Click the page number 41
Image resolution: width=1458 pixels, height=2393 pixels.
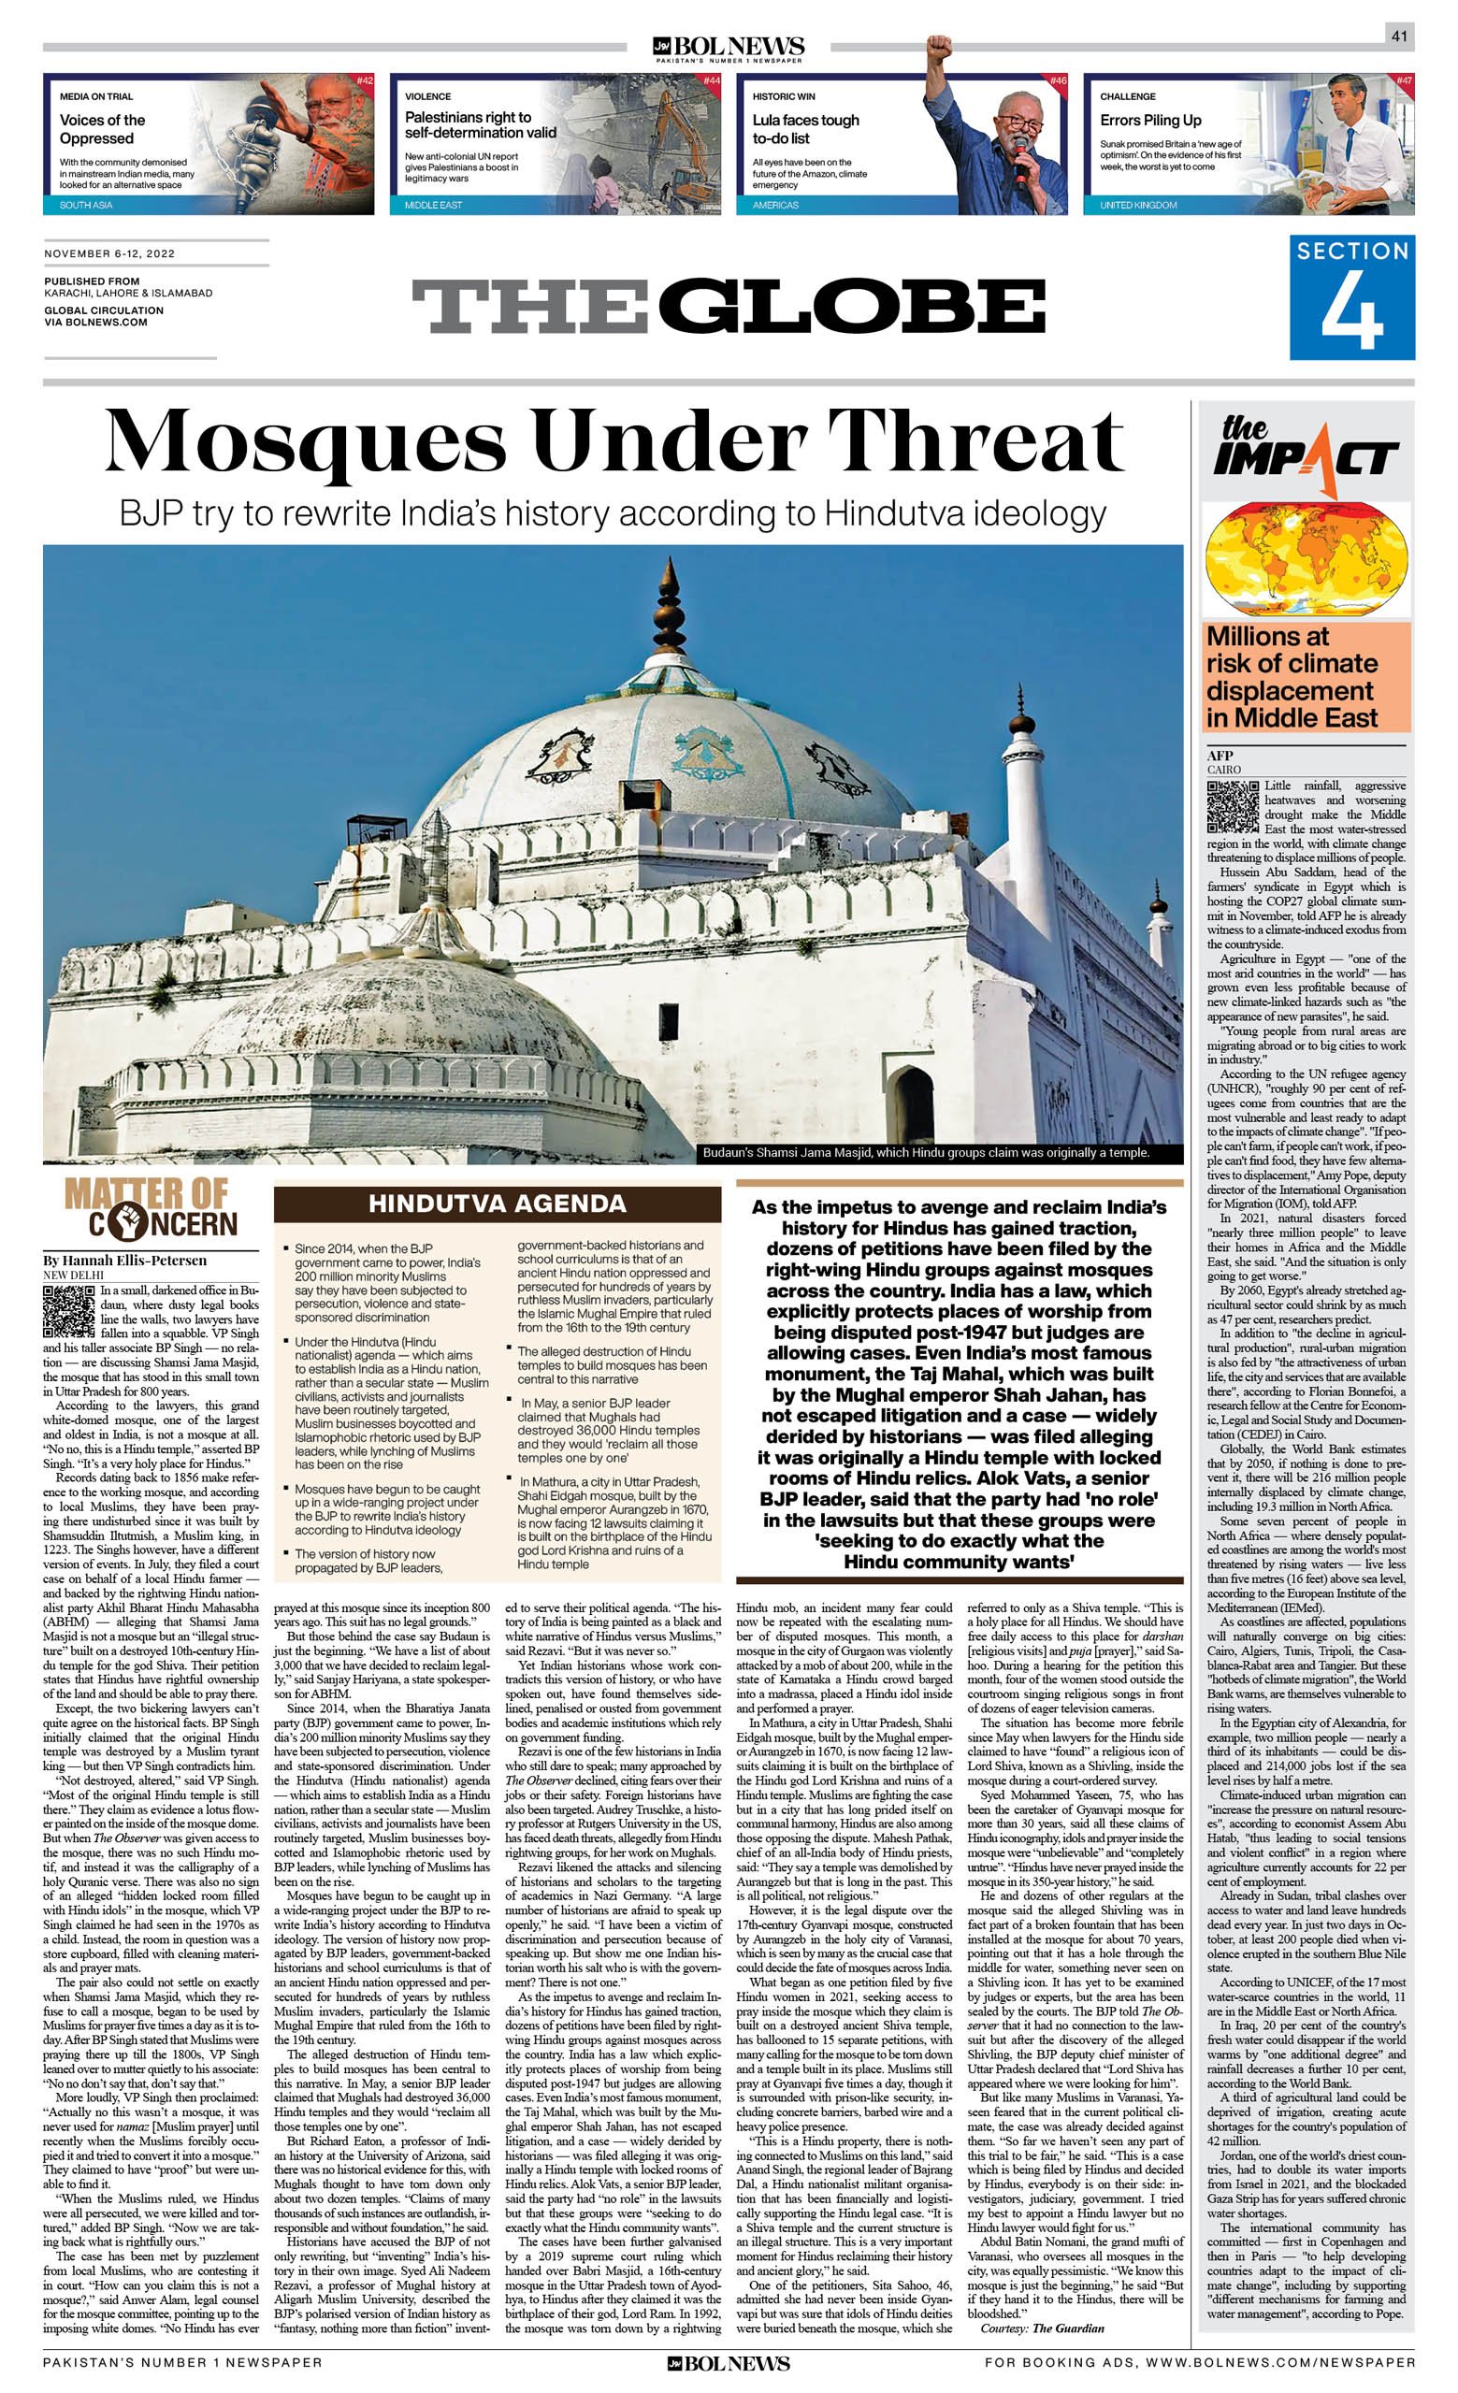click(1399, 36)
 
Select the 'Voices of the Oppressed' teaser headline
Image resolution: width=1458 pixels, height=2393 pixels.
click(102, 129)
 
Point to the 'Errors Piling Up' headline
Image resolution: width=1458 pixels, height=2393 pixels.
click(1150, 121)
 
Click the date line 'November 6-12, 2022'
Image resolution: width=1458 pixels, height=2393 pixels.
click(109, 253)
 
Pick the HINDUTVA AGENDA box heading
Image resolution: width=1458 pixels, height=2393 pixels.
click(497, 1204)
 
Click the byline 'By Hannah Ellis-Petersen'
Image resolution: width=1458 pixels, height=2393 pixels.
click(124, 1261)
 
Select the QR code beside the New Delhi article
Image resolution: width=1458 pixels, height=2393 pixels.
click(69, 1308)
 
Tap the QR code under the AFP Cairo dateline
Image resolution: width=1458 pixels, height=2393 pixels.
click(1233, 806)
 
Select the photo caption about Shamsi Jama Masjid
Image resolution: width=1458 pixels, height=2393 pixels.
click(926, 1153)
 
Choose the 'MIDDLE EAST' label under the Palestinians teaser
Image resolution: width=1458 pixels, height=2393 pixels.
click(433, 205)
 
